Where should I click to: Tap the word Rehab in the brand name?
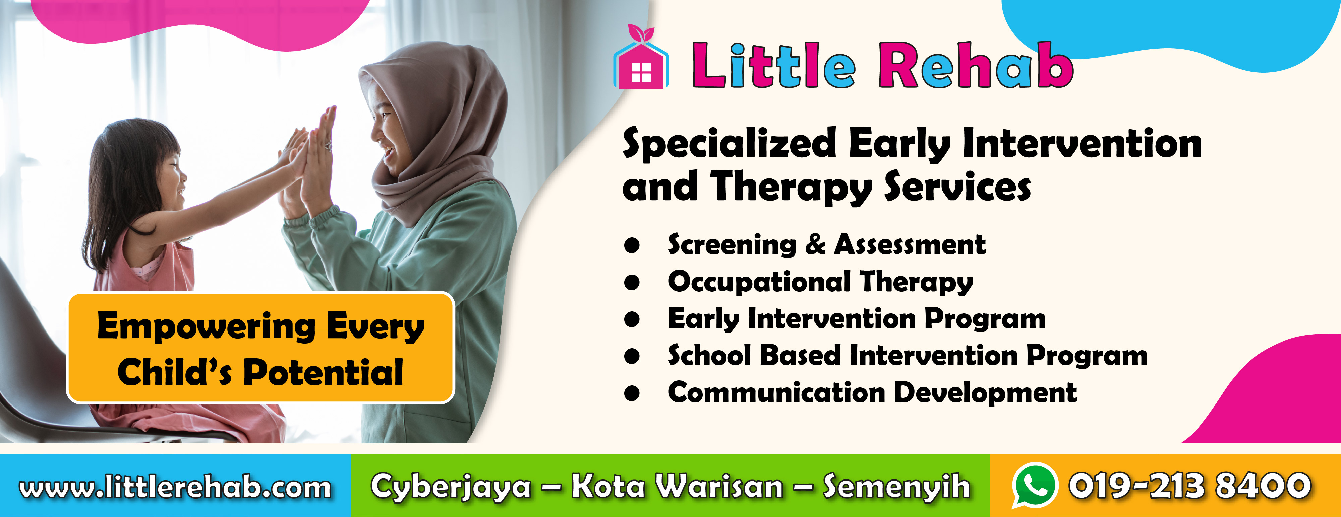(x=976, y=65)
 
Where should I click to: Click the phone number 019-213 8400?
(x=1189, y=485)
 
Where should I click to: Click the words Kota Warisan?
(x=677, y=486)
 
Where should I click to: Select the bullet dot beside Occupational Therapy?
(x=632, y=282)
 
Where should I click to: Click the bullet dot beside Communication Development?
(x=632, y=393)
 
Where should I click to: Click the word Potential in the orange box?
(x=323, y=372)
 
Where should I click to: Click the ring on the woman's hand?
(x=328, y=146)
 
